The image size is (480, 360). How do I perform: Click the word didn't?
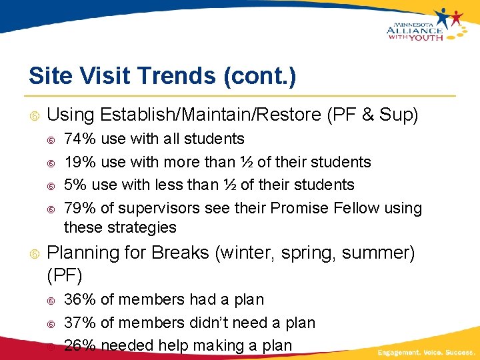211,323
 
